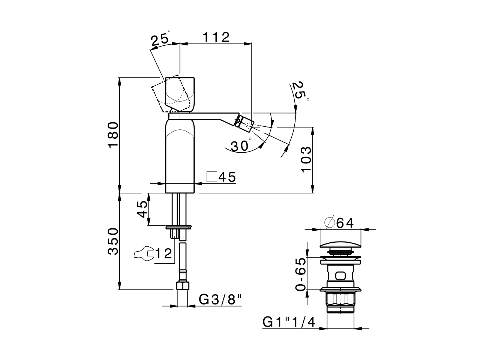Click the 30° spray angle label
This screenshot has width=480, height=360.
[x=240, y=145]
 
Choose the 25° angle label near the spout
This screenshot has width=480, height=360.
[x=300, y=90]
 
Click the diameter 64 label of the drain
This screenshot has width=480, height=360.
[x=339, y=223]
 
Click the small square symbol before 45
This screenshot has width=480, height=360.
[x=212, y=177]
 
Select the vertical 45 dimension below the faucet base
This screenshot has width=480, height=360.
[x=142, y=209]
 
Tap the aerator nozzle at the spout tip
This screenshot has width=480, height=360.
[x=244, y=122]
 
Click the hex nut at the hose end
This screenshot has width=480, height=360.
[x=182, y=286]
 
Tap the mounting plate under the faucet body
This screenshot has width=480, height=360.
[x=178, y=226]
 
